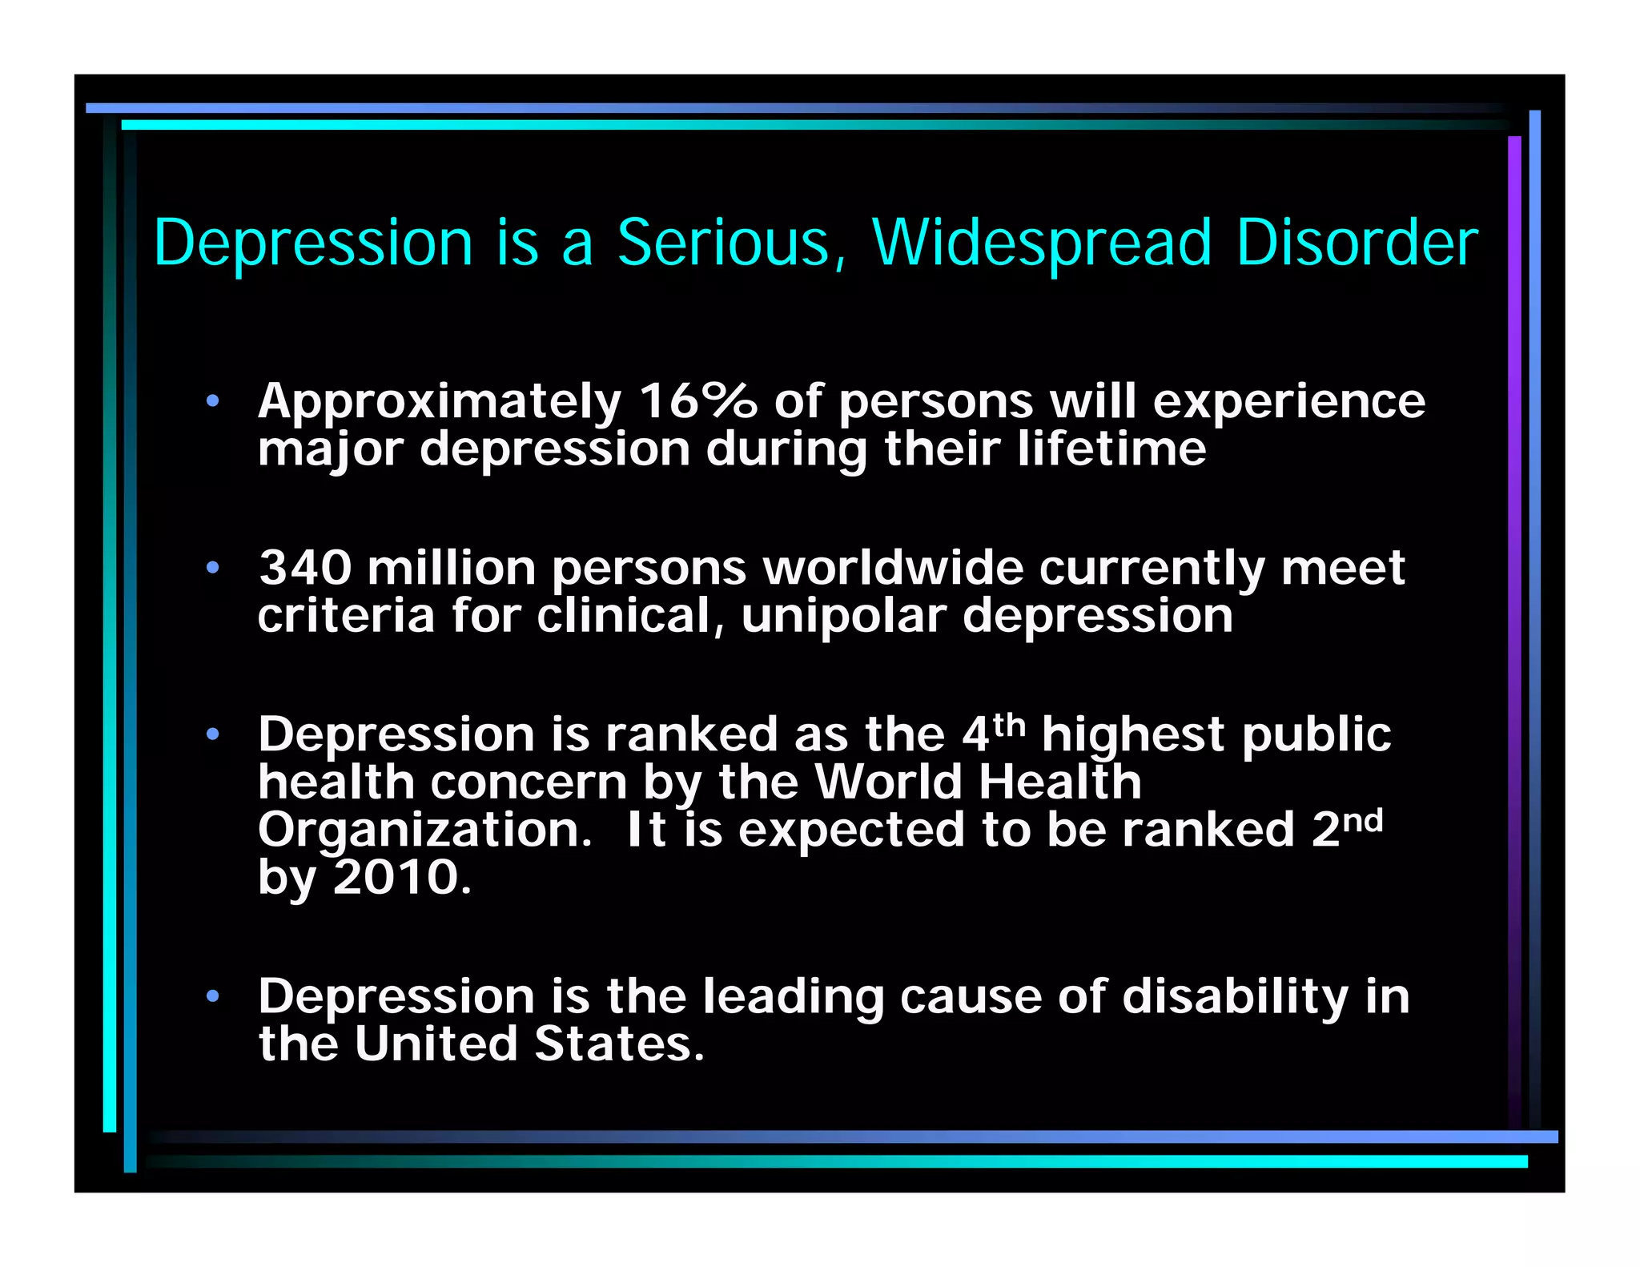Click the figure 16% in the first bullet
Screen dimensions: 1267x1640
click(x=697, y=400)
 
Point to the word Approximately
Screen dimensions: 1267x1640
click(x=440, y=402)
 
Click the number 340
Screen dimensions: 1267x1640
click(x=305, y=568)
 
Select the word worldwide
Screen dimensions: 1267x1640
click(x=893, y=568)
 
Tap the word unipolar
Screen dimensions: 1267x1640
click(x=843, y=617)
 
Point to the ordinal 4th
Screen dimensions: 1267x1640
click(x=993, y=732)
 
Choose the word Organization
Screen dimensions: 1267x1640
click(x=424, y=831)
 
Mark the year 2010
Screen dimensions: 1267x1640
click(x=402, y=877)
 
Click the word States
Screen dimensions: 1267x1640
click(x=619, y=1044)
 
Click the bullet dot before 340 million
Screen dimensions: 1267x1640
click(x=212, y=568)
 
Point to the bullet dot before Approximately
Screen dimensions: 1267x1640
click(x=212, y=401)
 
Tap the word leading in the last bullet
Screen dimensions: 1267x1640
click(x=793, y=998)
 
